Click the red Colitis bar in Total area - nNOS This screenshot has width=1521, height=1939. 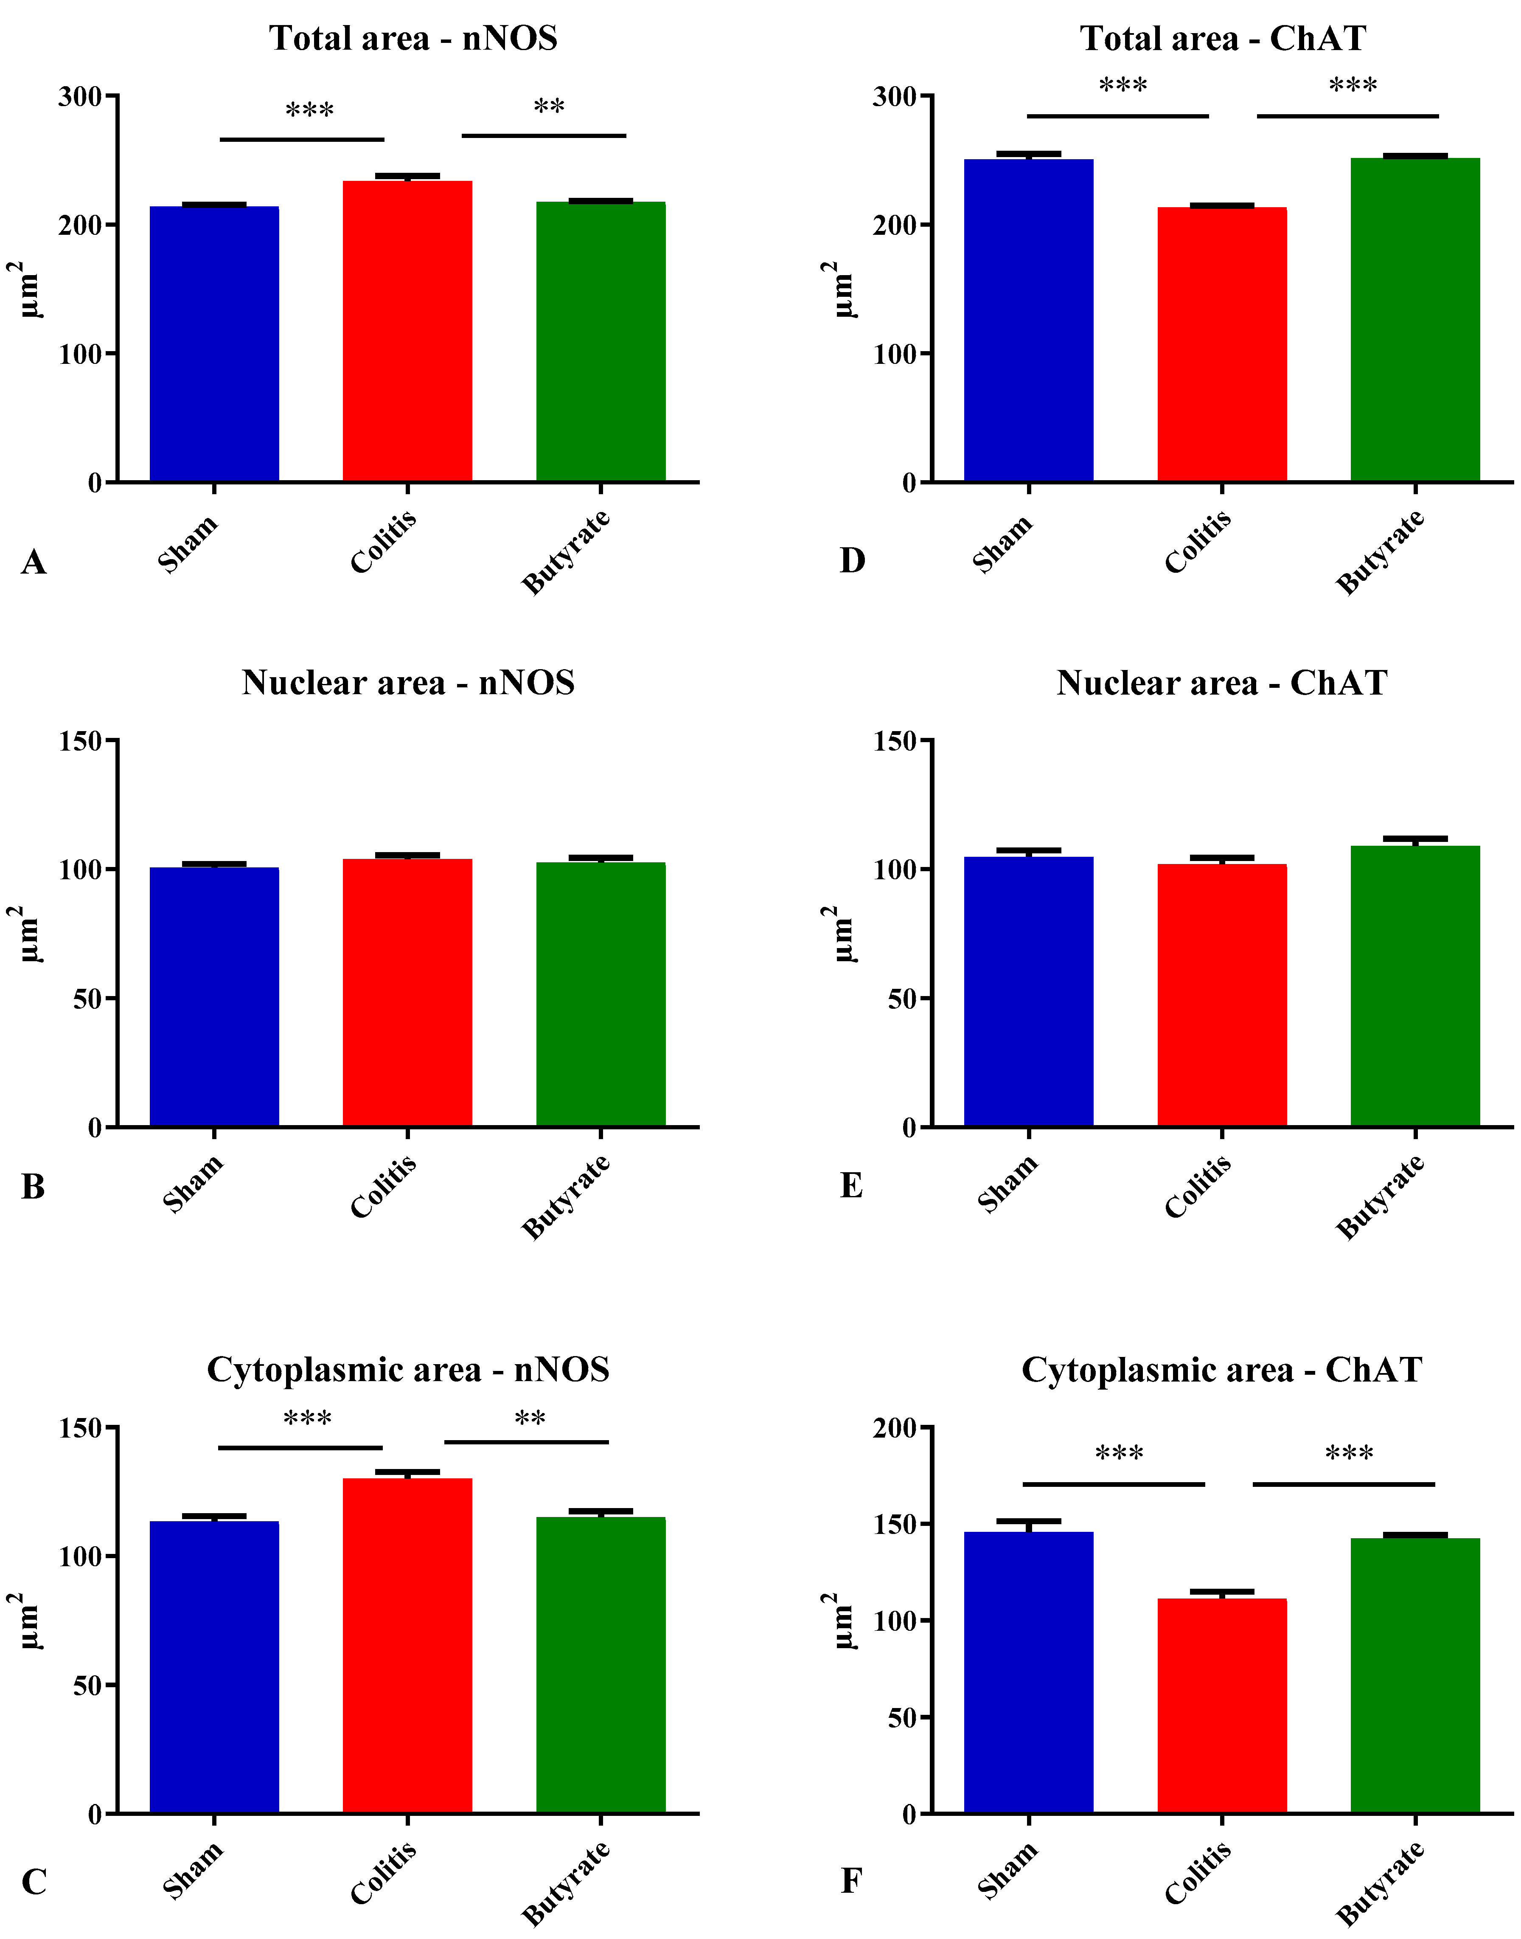pos(407,331)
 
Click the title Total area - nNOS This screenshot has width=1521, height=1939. pos(413,38)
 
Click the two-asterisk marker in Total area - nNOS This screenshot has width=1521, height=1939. pos(549,108)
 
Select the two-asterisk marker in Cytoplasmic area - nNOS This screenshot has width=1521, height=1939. pos(530,1420)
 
